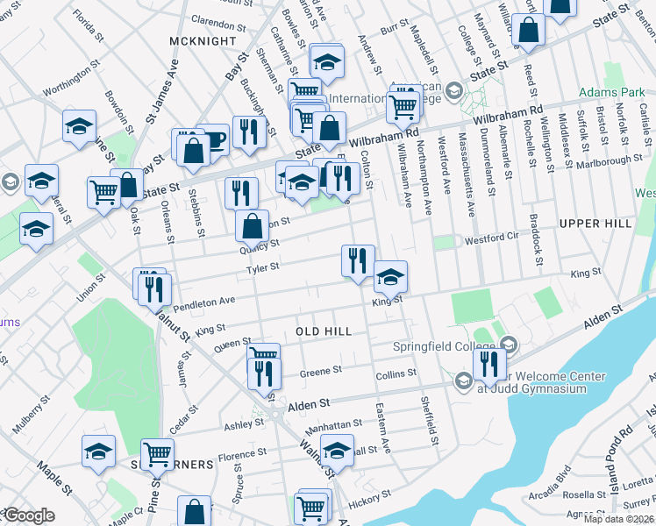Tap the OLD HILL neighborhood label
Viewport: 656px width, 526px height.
324,331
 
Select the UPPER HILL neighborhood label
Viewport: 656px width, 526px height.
595,224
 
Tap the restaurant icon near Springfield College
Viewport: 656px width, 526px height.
489,364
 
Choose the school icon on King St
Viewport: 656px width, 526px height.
390,278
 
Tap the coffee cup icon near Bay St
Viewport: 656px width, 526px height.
213,138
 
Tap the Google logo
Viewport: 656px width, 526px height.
29,515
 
